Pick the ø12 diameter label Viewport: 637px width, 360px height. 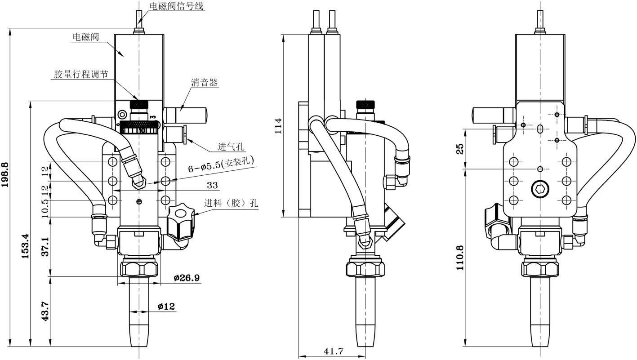tap(166, 307)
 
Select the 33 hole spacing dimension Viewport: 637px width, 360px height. tap(212, 185)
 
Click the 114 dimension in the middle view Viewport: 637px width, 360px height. tap(278, 126)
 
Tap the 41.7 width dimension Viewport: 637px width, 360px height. tap(334, 351)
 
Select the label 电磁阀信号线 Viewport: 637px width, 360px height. tap(176, 6)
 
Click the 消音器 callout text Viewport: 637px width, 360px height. tap(205, 83)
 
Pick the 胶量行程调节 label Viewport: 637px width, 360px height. tap(81, 74)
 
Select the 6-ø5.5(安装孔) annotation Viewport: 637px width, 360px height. tap(221, 165)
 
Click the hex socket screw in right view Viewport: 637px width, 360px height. tap(540, 189)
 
